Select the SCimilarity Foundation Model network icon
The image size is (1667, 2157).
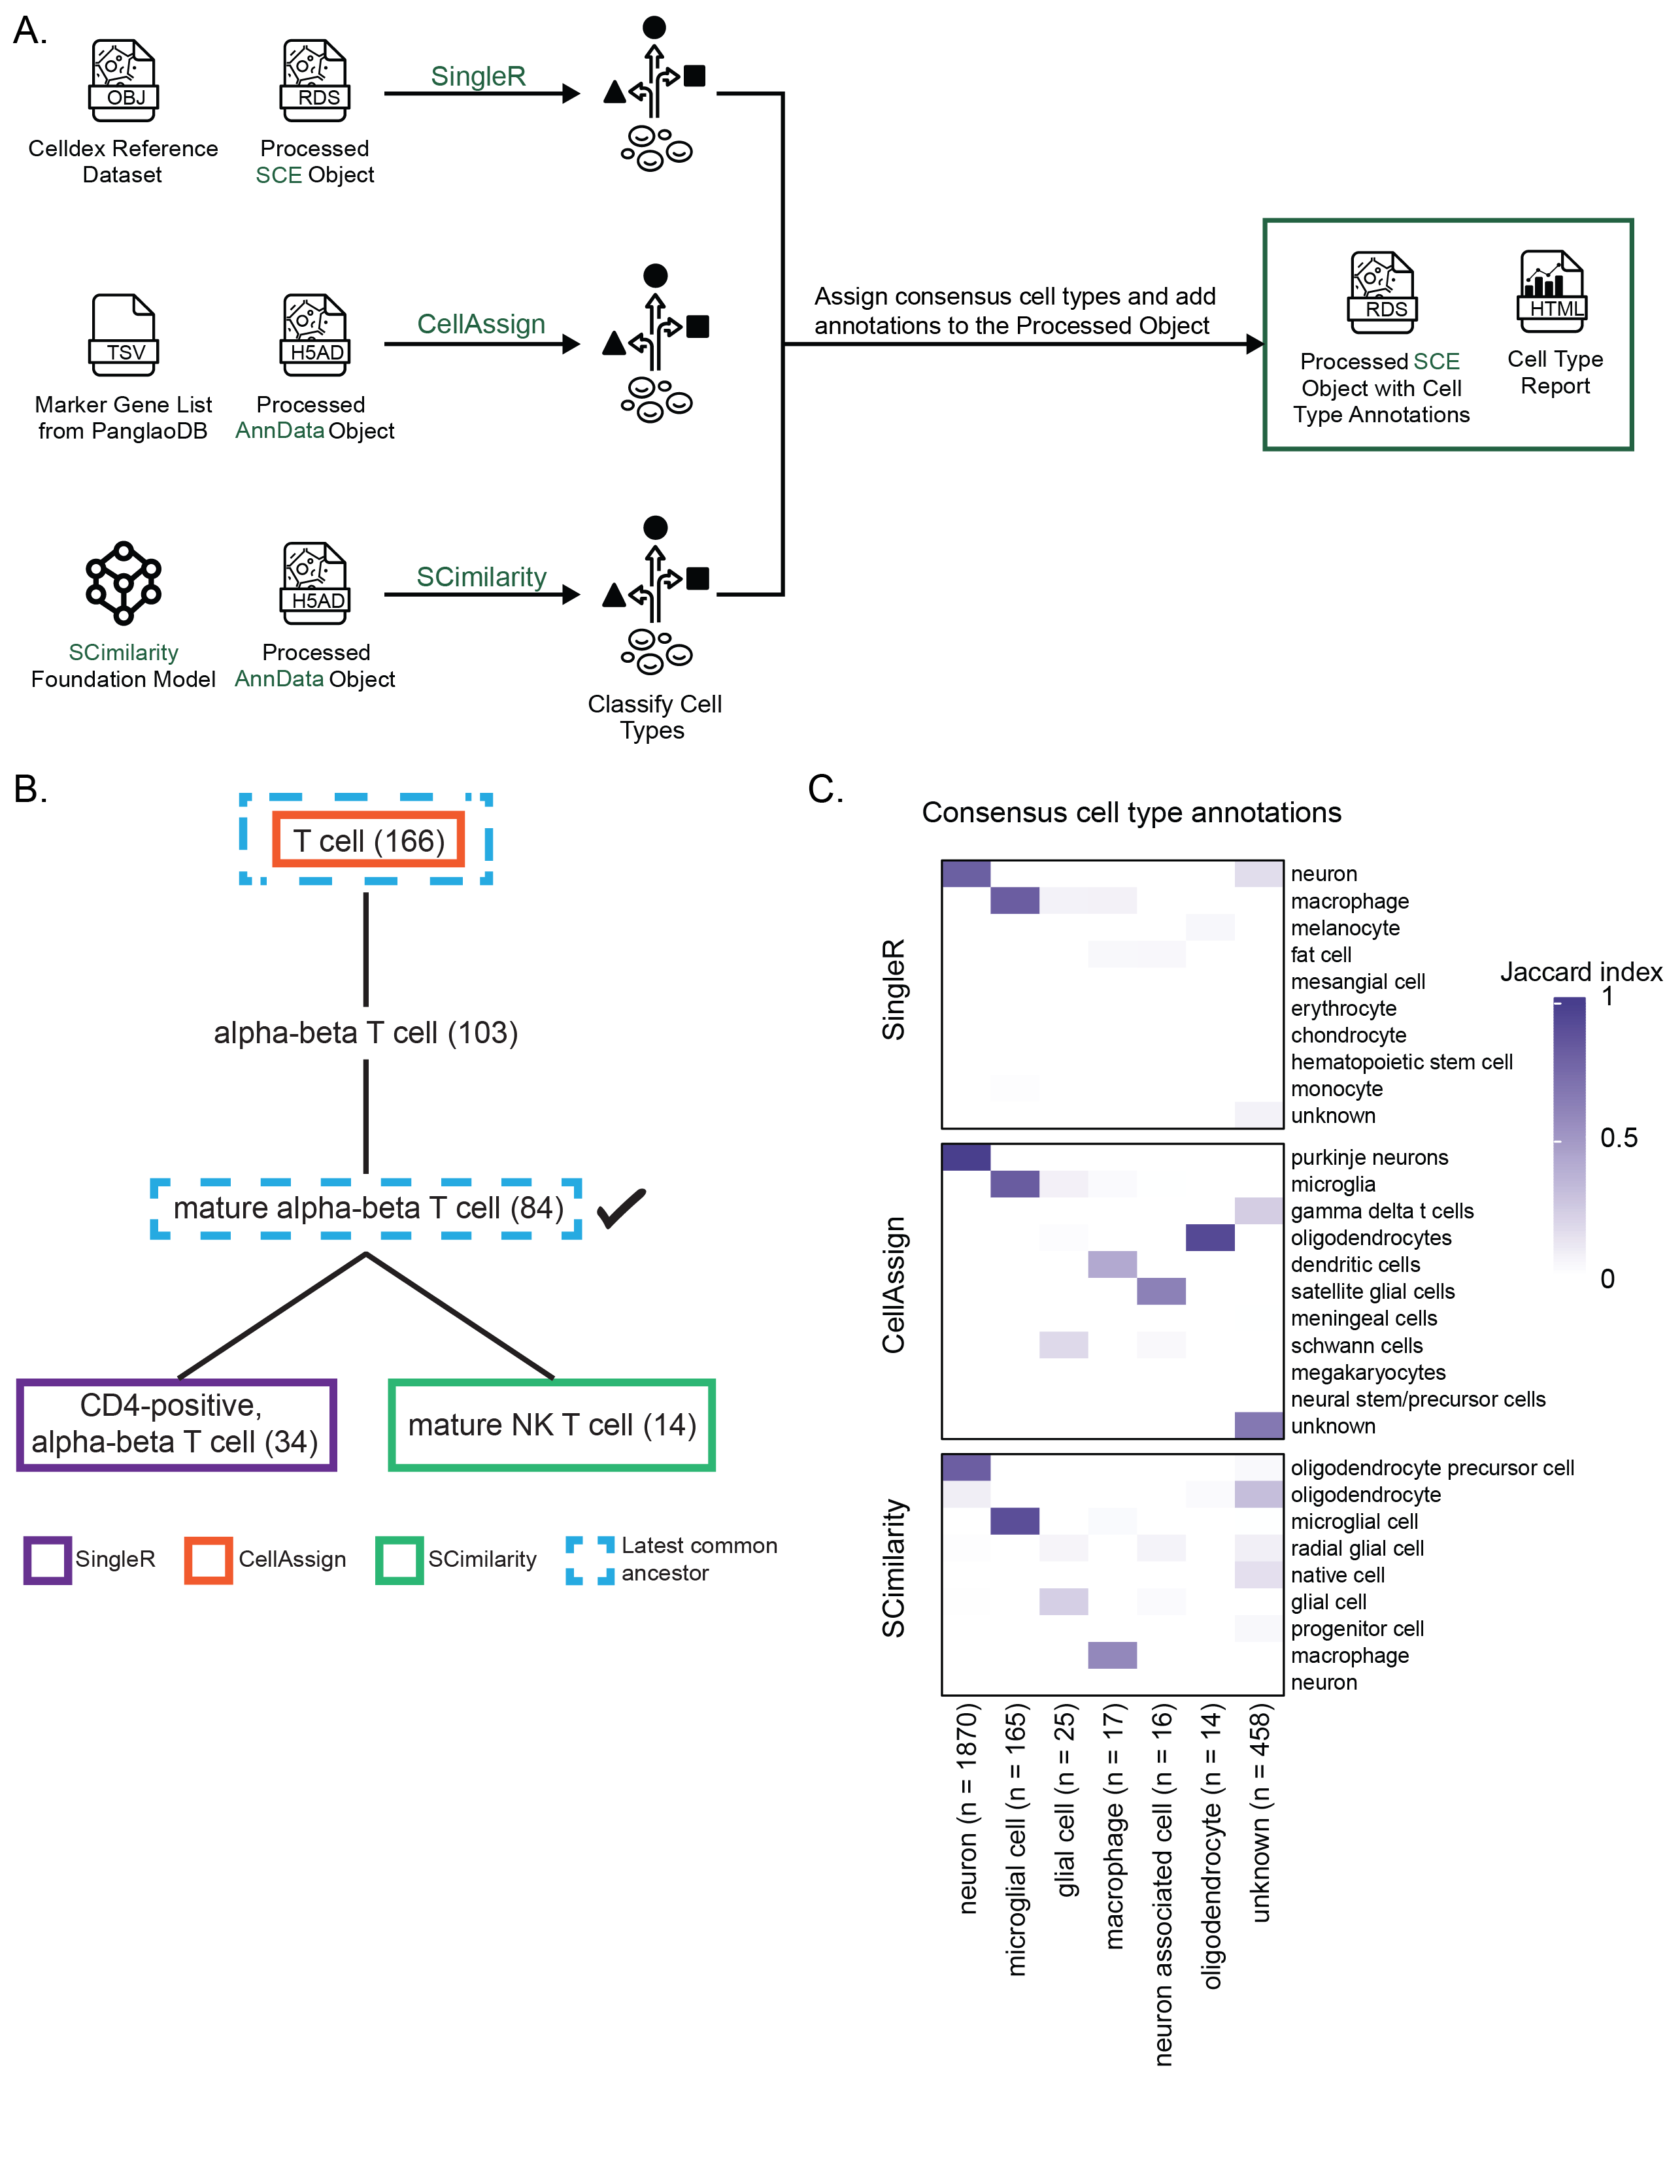tap(124, 582)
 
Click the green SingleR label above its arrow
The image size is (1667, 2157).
tap(478, 76)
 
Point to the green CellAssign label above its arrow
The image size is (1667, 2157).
tap(481, 324)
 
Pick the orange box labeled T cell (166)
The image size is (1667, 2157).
tap(368, 841)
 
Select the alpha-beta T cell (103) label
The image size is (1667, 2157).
tap(365, 1032)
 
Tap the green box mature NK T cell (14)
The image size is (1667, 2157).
tap(551, 1424)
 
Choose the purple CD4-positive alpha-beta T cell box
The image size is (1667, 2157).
tap(176, 1424)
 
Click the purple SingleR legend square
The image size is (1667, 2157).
tap(48, 1560)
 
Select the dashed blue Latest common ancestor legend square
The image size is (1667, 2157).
tap(590, 1560)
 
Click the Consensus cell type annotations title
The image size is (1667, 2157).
tap(1131, 812)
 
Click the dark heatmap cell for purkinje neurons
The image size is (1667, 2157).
tap(966, 1156)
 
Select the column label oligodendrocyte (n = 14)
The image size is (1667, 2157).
tap(1212, 1845)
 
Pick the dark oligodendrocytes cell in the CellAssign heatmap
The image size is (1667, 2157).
tap(1210, 1237)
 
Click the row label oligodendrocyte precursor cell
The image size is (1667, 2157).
tap(1431, 1467)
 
